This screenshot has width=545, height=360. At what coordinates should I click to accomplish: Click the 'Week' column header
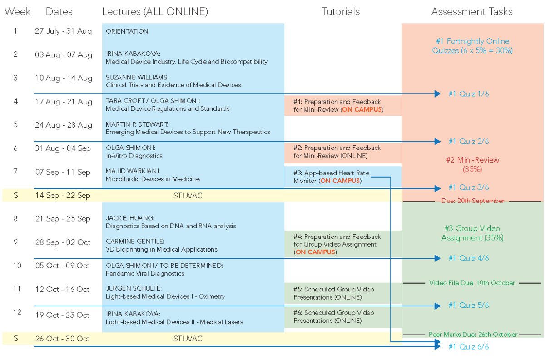point(17,12)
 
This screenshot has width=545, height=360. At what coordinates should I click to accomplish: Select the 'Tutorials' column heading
point(340,12)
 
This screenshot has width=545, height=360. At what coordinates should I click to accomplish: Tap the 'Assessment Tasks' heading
point(472,12)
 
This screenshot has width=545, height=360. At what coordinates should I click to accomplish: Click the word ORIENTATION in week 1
point(127,31)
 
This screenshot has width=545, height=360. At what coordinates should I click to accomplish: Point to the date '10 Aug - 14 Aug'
point(64,78)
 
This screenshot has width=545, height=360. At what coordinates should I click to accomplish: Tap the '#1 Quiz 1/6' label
point(468,94)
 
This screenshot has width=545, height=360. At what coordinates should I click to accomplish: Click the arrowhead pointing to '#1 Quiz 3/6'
point(437,188)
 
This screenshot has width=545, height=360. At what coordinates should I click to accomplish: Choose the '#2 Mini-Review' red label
point(472,160)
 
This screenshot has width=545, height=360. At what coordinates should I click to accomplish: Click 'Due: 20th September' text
point(472,201)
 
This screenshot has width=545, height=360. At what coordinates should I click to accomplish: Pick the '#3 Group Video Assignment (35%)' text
point(472,233)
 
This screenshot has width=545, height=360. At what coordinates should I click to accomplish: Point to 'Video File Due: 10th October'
point(472,283)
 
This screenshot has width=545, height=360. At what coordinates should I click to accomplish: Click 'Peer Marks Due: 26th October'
point(473,335)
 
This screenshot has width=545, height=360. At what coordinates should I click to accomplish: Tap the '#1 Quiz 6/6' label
point(468,347)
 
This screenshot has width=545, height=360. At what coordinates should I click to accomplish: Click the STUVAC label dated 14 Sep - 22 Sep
point(188,196)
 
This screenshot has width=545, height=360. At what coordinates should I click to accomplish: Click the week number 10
point(17,266)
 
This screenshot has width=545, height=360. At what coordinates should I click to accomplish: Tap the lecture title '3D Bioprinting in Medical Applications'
point(161,249)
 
